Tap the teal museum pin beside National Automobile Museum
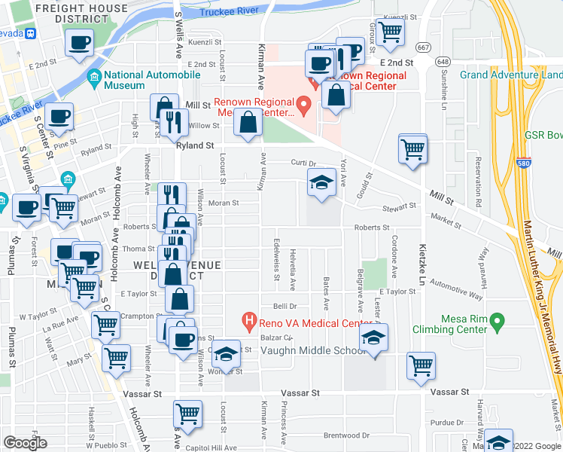[x=95, y=76]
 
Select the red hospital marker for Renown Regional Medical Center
[x=304, y=105]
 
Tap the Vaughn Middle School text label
[x=313, y=351]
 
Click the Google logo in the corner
[x=25, y=443]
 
